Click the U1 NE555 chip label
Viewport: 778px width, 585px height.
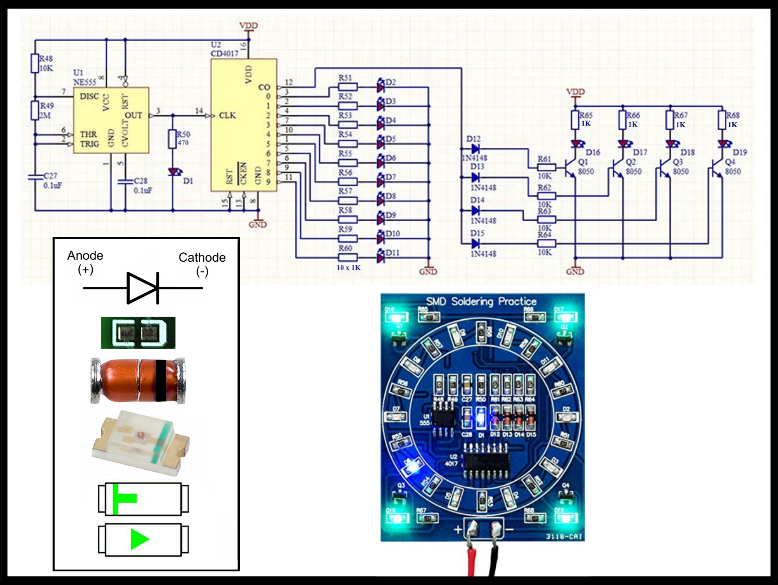click(x=84, y=78)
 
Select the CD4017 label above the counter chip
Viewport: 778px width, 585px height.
click(x=224, y=53)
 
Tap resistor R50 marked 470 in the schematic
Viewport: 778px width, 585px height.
click(x=172, y=139)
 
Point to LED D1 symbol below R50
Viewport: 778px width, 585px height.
click(x=175, y=172)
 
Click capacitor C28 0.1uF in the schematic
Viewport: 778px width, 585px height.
click(x=125, y=181)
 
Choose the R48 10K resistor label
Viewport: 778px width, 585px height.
click(x=46, y=63)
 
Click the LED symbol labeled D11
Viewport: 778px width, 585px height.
click(x=381, y=257)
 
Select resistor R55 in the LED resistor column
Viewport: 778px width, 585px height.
click(x=348, y=163)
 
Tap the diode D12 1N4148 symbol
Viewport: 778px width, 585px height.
click(x=475, y=148)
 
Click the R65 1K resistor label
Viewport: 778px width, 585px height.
click(x=586, y=119)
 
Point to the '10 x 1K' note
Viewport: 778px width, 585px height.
click(x=349, y=268)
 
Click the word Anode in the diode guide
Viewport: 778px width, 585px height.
click(x=85, y=255)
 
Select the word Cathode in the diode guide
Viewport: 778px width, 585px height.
click(x=202, y=257)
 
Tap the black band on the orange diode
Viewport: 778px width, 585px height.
click(x=161, y=381)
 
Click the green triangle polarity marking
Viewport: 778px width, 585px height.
click(x=139, y=539)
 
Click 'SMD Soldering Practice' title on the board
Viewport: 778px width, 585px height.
click(x=481, y=301)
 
